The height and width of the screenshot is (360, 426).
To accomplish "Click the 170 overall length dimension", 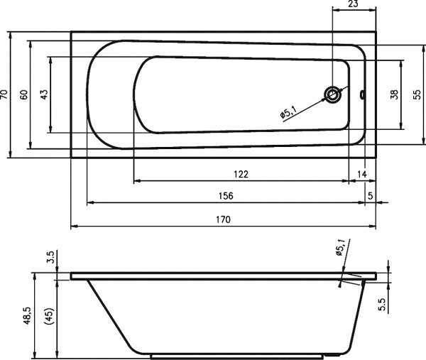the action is point(224,219).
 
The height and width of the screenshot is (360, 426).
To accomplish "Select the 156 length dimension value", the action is point(226,196).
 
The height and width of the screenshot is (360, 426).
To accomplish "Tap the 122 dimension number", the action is point(241,174).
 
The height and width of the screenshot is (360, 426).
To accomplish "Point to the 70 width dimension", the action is point(5,94).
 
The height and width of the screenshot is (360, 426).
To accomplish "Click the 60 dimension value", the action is point(24,94).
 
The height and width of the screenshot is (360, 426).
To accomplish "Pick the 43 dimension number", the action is point(44,94).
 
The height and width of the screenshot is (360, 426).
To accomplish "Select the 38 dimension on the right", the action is point(394,94).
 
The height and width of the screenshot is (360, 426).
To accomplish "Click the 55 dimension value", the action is point(417,94).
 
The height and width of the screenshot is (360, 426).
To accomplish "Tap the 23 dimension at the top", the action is point(353,4).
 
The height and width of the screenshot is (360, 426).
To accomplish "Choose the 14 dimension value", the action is point(361,174).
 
